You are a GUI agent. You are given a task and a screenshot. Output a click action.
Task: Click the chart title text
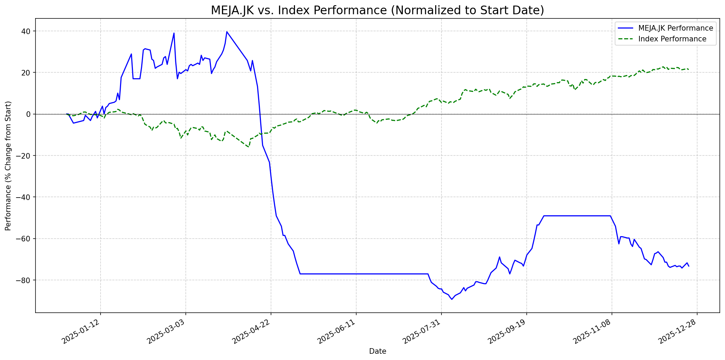coord(377,10)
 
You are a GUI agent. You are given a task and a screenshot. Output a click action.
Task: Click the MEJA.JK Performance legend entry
coord(676,28)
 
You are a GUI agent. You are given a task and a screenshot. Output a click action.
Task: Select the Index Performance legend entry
coord(672,39)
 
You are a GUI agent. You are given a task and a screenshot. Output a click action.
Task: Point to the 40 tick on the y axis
coord(26,31)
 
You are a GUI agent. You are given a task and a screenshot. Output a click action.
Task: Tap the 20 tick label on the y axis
coord(26,73)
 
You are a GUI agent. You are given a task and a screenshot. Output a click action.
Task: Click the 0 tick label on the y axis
coord(29,114)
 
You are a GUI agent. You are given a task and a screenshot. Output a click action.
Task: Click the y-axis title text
coord(8,166)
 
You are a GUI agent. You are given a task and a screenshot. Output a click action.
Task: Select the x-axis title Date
coord(377,351)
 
